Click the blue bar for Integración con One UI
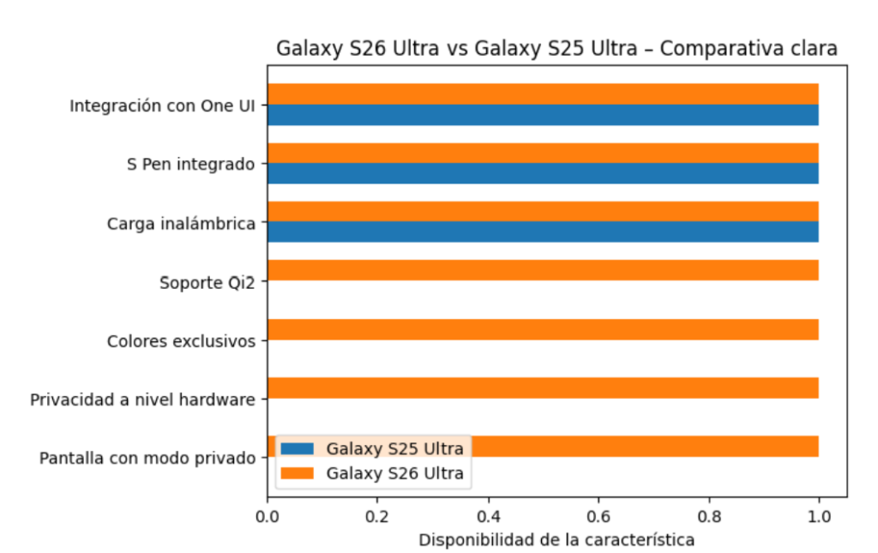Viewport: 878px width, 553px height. (x=542, y=115)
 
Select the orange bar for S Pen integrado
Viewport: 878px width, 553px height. (x=542, y=153)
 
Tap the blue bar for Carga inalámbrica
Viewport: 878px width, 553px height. (x=542, y=231)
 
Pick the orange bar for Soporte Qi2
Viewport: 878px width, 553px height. (x=542, y=270)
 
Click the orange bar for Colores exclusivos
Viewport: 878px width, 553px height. (x=542, y=329)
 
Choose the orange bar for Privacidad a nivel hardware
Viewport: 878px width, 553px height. (x=542, y=388)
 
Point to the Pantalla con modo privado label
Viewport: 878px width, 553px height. (x=147, y=458)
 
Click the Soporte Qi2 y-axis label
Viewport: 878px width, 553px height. (x=207, y=282)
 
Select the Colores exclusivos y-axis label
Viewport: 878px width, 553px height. (x=181, y=341)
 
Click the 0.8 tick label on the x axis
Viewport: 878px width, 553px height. (x=708, y=517)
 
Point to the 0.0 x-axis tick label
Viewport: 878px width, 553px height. (x=268, y=517)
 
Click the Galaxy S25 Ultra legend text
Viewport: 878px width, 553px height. (x=394, y=448)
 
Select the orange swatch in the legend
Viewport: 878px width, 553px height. (x=299, y=473)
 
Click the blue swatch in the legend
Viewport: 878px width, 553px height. (x=299, y=448)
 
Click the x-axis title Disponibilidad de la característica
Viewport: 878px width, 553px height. (x=556, y=540)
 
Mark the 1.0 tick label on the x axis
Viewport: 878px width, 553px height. (x=819, y=517)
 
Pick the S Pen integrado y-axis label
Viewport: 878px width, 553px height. (x=190, y=165)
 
